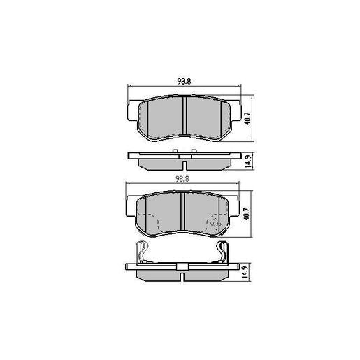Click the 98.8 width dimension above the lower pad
[183, 179]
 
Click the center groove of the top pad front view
[184, 116]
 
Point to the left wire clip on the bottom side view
[142, 251]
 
